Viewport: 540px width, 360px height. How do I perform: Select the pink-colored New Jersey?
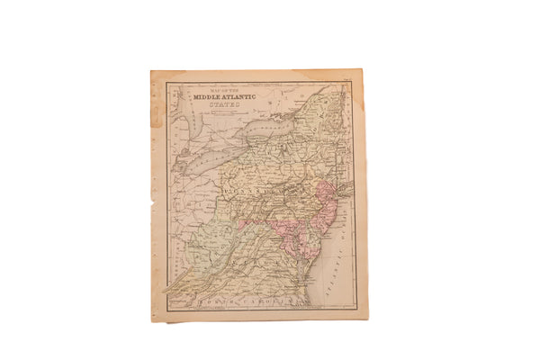coord(326,202)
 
